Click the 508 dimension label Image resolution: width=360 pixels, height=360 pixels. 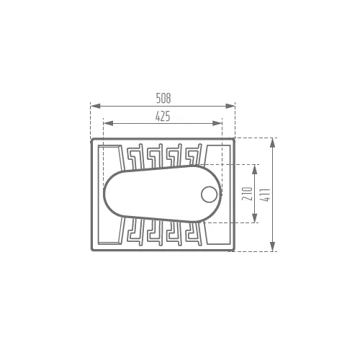click(x=163, y=98)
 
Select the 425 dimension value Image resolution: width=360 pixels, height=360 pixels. click(x=163, y=116)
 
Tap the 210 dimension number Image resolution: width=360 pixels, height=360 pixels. click(x=247, y=194)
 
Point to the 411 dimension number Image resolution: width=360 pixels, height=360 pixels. click(x=266, y=195)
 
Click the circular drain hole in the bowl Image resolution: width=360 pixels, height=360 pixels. click(x=210, y=194)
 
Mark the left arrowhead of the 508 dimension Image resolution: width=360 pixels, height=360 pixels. click(x=96, y=106)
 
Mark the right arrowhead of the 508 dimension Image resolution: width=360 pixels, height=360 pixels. click(x=230, y=106)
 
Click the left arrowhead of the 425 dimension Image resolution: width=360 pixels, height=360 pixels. click(x=108, y=123)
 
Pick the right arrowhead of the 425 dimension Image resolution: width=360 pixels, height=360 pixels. click(x=217, y=123)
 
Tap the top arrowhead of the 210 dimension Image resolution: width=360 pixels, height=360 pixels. click(x=255, y=169)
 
